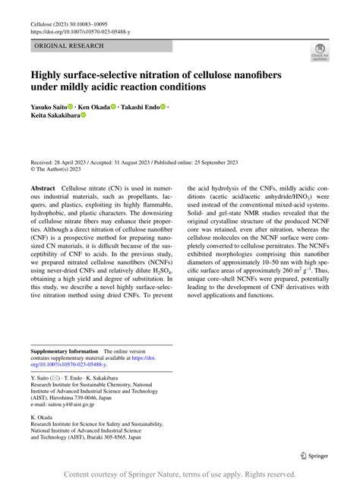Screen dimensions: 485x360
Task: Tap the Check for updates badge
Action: (x=319, y=52)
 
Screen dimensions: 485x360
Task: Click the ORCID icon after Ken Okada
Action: (x=114, y=107)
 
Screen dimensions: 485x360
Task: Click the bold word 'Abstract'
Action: (x=43, y=187)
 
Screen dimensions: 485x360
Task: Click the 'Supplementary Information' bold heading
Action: (x=65, y=351)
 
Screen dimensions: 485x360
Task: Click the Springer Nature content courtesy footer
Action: (x=180, y=474)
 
